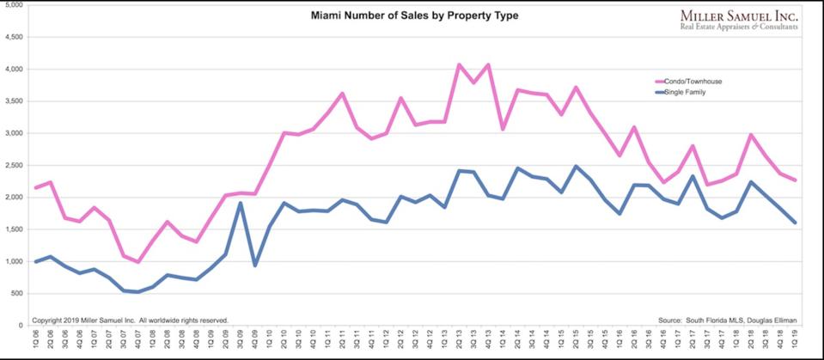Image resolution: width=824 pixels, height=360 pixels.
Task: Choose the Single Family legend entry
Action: coord(683,91)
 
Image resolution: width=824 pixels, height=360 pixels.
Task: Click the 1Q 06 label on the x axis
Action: coord(35,339)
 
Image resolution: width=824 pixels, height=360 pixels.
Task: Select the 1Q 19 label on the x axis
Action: coord(796,339)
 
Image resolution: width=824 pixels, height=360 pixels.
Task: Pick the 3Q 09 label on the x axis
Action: coord(241,339)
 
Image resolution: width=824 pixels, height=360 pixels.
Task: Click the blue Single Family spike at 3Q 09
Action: coord(241,203)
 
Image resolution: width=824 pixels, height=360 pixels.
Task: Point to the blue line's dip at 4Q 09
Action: coord(255,265)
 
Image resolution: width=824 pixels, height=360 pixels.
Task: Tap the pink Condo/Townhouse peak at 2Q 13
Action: coord(460,64)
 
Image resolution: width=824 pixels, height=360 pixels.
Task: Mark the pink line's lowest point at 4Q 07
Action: coord(137,262)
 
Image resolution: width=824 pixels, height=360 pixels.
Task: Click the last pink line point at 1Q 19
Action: coord(796,180)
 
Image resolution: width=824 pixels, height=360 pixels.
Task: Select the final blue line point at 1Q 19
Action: coord(796,223)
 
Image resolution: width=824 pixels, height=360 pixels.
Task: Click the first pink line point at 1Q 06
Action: coord(35,187)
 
